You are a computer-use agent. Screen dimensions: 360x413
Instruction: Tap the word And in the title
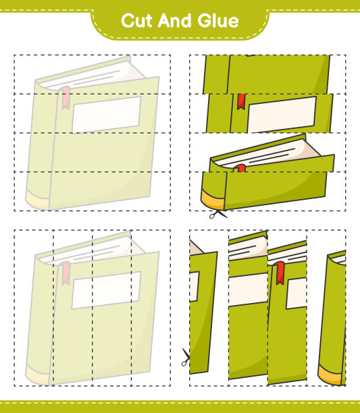pyautogui.click(x=174, y=20)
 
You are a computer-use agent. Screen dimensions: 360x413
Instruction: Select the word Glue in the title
pyautogui.click(x=218, y=21)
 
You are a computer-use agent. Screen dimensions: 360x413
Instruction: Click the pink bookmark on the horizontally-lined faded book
pyautogui.click(x=65, y=98)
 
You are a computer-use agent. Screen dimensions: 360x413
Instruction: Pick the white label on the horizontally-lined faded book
pyautogui.click(x=107, y=115)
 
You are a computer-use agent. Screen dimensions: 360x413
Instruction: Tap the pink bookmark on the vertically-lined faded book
pyautogui.click(x=65, y=273)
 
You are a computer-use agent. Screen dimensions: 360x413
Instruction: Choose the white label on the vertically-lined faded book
pyautogui.click(x=107, y=290)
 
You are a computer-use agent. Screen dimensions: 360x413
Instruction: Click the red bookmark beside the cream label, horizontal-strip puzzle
pyautogui.click(x=241, y=102)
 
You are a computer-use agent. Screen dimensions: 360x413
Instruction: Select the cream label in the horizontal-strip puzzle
pyautogui.click(x=282, y=115)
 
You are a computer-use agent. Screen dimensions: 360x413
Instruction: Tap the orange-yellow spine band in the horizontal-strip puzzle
pyautogui.click(x=213, y=199)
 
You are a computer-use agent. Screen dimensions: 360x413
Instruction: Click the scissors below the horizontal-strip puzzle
pyautogui.click(x=218, y=214)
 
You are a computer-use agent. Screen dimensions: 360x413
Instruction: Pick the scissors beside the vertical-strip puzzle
pyautogui.click(x=186, y=357)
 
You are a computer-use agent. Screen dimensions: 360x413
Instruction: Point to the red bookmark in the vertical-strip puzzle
pyautogui.click(x=280, y=273)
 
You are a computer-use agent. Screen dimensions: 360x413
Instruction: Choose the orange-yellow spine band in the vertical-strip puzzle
pyautogui.click(x=330, y=375)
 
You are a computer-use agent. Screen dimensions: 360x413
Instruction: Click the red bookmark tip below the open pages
pyautogui.click(x=240, y=168)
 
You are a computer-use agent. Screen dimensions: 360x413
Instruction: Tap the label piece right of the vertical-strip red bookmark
pyautogui.click(x=297, y=293)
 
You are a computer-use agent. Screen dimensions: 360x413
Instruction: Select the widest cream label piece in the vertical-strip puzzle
pyautogui.click(x=248, y=290)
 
